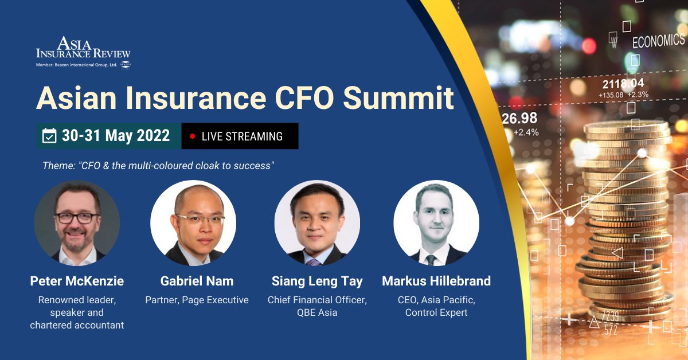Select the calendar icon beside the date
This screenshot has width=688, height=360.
click(x=50, y=136)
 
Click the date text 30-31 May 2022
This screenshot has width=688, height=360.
click(x=116, y=136)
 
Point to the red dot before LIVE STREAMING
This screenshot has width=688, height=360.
click(x=192, y=136)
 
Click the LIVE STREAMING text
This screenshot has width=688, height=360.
click(x=242, y=136)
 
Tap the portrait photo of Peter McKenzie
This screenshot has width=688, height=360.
click(x=77, y=223)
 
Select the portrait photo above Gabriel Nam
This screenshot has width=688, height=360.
click(x=193, y=223)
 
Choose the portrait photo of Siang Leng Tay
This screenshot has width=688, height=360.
click(x=317, y=223)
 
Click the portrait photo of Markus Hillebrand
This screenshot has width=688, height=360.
click(x=436, y=223)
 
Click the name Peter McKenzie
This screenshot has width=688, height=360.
click(x=77, y=281)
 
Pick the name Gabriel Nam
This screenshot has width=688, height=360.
click(x=197, y=281)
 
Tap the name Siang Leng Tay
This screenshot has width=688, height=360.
click(x=317, y=281)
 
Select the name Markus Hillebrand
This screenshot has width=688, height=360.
click(x=436, y=281)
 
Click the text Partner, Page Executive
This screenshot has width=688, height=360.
click(x=197, y=300)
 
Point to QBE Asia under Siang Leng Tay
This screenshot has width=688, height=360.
click(x=317, y=312)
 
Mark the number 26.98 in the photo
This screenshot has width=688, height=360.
click(x=519, y=119)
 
